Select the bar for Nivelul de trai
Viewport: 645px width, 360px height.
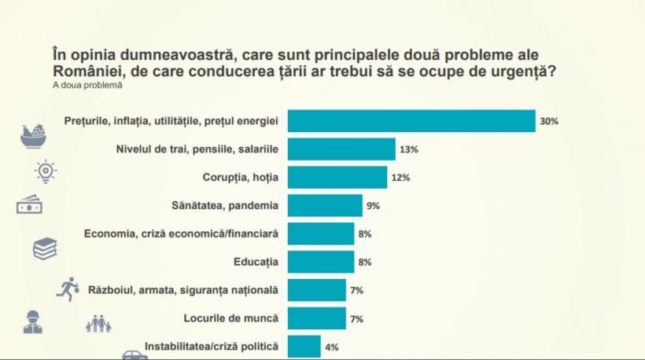[341, 149]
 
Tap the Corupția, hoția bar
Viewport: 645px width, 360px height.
[337, 178]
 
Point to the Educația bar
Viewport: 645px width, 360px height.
[321, 262]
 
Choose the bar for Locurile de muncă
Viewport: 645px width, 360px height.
[317, 318]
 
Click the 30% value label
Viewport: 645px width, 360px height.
[548, 121]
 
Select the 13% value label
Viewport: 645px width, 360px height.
[408, 149]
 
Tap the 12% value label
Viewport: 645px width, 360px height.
[400, 178]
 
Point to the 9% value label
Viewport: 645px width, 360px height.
[373, 206]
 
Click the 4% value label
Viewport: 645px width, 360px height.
[331, 347]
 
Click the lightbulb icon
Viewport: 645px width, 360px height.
[46, 171]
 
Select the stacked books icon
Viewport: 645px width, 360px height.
[44, 249]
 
